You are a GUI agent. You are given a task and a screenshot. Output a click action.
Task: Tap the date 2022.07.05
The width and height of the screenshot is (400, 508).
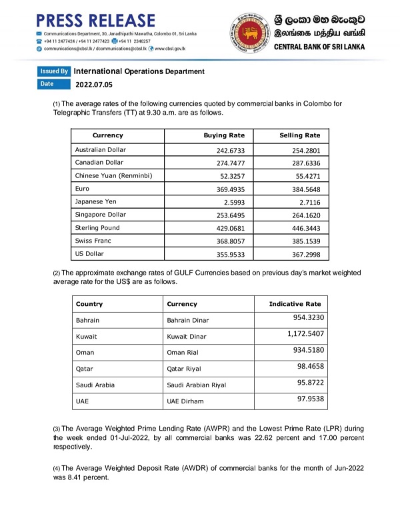tap(94, 85)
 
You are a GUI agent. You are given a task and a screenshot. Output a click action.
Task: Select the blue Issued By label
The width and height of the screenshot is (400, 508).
tap(54, 71)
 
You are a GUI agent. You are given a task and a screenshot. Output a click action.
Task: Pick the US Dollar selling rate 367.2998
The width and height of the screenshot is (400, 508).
tap(302, 254)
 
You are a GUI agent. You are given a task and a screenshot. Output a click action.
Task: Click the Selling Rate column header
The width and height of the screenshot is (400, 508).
tap(300, 135)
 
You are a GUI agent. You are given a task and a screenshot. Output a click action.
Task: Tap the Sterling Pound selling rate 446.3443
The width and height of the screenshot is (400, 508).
tap(302, 228)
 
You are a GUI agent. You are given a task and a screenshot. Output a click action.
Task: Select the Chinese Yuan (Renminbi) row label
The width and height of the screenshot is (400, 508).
tap(115, 176)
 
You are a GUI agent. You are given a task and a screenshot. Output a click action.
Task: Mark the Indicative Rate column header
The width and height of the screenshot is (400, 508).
tap(295, 304)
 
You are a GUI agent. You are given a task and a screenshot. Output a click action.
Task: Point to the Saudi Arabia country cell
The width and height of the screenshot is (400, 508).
tap(95, 385)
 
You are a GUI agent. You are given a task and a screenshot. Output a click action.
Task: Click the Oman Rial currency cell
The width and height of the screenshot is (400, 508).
tap(184, 353)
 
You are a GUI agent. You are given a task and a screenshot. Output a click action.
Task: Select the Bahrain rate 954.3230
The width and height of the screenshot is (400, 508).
tap(306, 317)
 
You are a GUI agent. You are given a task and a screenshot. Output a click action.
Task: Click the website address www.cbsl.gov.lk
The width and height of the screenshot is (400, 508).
tap(170, 49)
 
